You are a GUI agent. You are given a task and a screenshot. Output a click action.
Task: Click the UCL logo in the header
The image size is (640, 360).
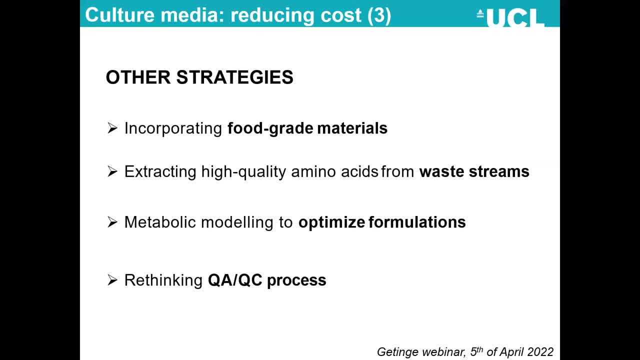tap(510, 17)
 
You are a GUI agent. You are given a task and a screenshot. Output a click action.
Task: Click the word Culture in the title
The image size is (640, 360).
tap(119, 15)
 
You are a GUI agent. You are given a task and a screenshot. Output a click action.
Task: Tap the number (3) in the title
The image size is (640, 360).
tap(379, 15)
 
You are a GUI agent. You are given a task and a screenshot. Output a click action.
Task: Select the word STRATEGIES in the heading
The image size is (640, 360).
tap(235, 77)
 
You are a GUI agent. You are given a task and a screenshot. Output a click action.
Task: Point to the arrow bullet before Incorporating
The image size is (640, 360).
tap(112, 128)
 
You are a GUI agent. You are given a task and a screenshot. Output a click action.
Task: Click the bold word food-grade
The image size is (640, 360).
tap(270, 128)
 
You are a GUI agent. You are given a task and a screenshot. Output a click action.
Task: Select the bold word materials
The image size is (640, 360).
tap(352, 128)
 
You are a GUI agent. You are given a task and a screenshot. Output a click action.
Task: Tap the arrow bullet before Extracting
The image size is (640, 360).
tap(112, 171)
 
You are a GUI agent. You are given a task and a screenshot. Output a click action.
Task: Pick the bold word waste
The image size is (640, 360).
tap(441, 172)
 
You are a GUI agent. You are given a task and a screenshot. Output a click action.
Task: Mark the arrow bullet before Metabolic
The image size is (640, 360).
tap(112, 222)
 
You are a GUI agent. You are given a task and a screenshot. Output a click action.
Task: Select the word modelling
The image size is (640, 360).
tap(237, 222)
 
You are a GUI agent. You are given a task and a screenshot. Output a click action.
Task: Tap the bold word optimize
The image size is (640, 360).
tap(331, 222)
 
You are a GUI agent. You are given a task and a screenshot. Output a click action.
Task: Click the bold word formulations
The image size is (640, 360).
tap(417, 222)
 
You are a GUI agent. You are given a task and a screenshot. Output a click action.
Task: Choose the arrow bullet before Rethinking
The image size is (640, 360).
tap(112, 280)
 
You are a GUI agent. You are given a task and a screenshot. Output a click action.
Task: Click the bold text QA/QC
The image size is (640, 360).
tap(235, 280)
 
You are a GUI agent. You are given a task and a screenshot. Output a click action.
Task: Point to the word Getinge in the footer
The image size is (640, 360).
tap(397, 351)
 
